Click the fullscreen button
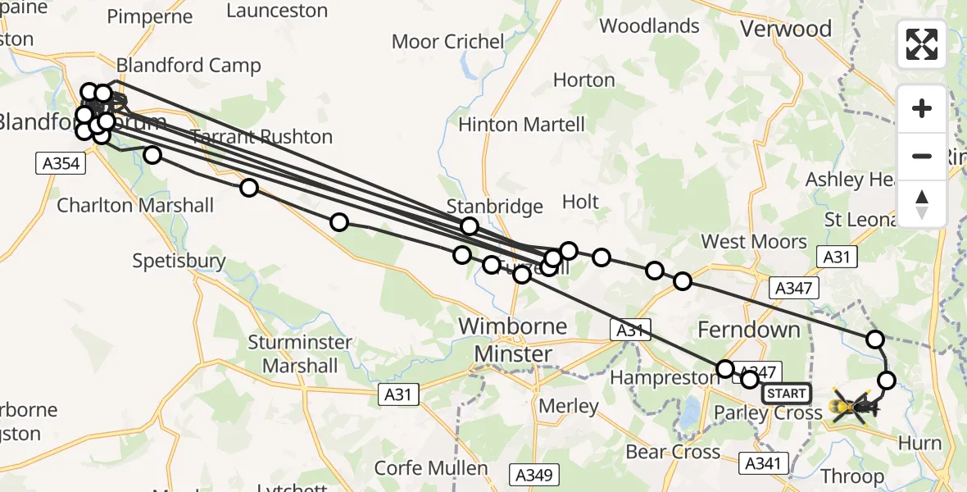tap(922, 44)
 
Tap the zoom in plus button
tap(922, 108)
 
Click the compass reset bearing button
tap(922, 204)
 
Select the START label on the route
tap(787, 394)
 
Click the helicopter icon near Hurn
tap(852, 406)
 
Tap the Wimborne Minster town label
tap(512, 339)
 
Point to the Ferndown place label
tap(748, 330)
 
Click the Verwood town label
tap(785, 29)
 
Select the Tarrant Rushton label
tap(262, 137)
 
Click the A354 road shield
tap(61, 163)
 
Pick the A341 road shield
tap(762, 463)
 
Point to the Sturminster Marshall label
tap(300, 353)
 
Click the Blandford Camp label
tap(188, 66)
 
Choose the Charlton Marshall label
tap(135, 205)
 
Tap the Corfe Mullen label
tap(431, 468)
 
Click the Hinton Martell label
tap(522, 125)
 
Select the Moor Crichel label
tap(447, 41)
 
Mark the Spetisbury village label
tap(179, 261)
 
